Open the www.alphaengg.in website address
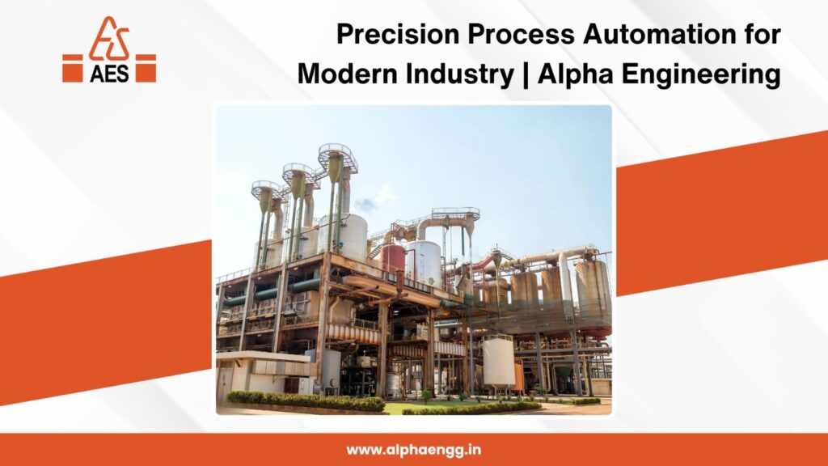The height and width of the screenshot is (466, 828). (x=414, y=449)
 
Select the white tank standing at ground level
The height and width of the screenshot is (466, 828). (x=499, y=361)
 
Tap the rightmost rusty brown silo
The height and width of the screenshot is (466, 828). (x=593, y=287)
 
